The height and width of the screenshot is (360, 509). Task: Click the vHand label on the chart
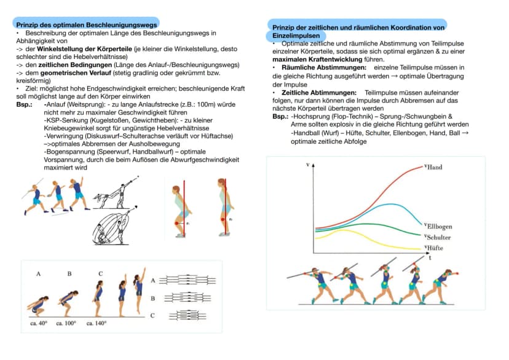click(x=433, y=167)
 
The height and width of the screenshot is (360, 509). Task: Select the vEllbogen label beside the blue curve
click(x=438, y=226)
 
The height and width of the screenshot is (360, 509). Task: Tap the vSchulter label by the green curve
click(x=438, y=237)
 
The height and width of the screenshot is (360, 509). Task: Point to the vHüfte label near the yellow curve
click(x=433, y=248)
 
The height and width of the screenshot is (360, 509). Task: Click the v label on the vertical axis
click(x=308, y=165)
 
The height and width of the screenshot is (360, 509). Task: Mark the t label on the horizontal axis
click(x=430, y=258)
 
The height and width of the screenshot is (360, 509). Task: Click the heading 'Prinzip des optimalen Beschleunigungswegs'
click(x=87, y=25)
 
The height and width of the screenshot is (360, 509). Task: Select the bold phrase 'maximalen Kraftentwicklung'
click(x=317, y=60)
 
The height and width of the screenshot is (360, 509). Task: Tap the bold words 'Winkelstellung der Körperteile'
click(x=84, y=49)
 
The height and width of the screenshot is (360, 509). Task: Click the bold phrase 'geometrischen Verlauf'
click(x=76, y=73)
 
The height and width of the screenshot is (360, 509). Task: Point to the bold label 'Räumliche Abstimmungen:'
click(x=324, y=68)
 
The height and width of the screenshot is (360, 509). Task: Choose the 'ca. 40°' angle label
click(x=39, y=323)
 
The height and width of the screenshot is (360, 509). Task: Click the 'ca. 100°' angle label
click(x=66, y=323)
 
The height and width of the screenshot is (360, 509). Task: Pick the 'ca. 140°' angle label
click(x=97, y=323)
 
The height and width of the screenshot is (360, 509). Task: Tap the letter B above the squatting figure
click(x=69, y=274)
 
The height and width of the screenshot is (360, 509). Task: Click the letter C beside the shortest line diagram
click(x=152, y=315)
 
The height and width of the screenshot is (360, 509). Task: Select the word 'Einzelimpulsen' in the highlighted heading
click(x=296, y=36)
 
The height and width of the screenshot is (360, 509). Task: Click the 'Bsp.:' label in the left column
click(x=25, y=104)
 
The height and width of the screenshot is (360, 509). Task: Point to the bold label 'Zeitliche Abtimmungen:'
click(x=319, y=93)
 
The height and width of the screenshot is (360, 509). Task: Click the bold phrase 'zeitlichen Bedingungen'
click(x=75, y=65)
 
